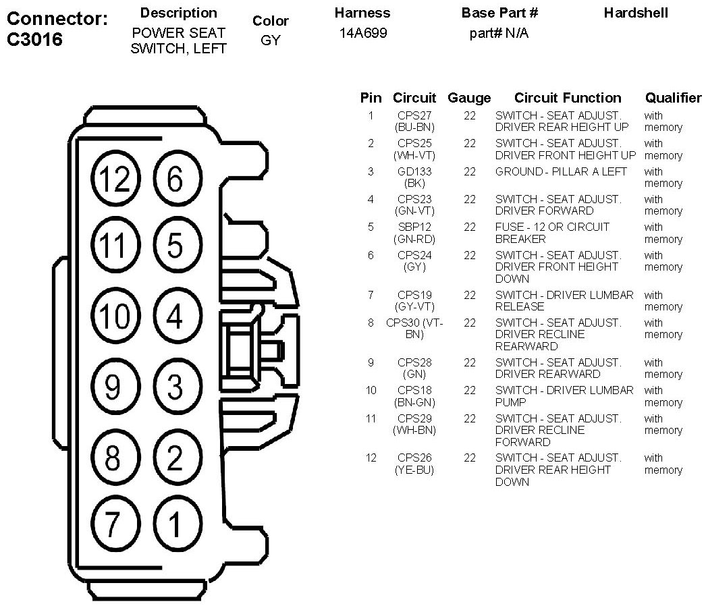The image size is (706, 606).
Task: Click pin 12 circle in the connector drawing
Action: pos(113,180)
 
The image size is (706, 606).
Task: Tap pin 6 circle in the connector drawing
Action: pos(175,180)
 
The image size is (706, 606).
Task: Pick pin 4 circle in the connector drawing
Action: pos(175,317)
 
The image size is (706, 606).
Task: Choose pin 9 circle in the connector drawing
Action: pos(113,387)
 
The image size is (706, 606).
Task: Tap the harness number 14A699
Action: pos(363,33)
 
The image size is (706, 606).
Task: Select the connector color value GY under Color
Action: pos(270,40)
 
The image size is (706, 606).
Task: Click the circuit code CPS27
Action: pos(414,115)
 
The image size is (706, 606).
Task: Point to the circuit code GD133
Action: pos(414,171)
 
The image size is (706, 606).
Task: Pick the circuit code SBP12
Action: pos(414,227)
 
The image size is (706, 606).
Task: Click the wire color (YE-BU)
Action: pos(414,470)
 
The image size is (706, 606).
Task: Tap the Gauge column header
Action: pos(469,99)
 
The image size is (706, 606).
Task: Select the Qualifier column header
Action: pos(673,99)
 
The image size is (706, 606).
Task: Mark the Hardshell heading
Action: pos(636,13)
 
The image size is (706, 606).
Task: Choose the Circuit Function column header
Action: pos(567,99)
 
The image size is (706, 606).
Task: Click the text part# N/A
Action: pos(499,33)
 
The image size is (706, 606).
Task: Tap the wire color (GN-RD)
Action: pos(414,239)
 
